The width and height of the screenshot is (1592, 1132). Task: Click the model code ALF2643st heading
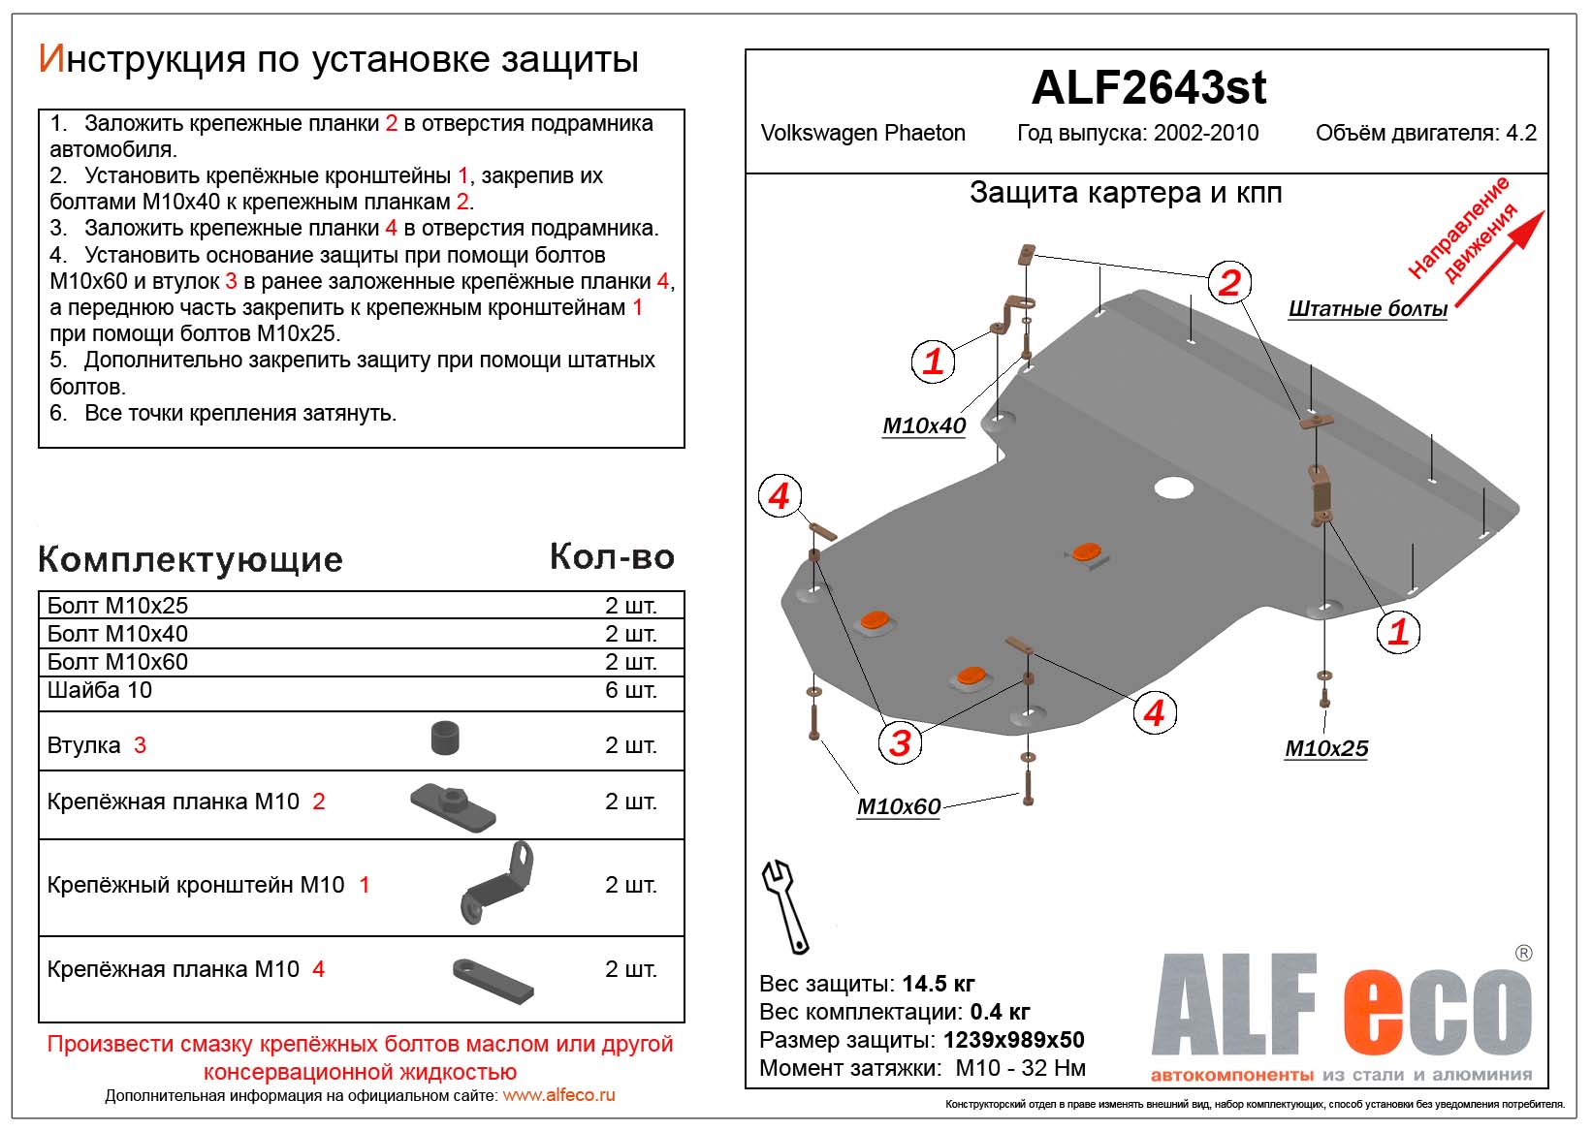coord(1148,88)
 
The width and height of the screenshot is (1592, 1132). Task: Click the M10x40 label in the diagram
coord(923,425)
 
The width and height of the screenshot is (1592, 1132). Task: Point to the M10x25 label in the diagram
coord(1325,748)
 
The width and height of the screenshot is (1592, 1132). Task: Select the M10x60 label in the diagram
coord(898,806)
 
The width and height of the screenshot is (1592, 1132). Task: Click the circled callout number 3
coord(900,742)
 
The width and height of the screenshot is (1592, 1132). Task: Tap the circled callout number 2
coord(1228,282)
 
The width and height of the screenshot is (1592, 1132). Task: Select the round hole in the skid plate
coord(1173,487)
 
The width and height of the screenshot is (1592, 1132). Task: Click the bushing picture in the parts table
coord(445,739)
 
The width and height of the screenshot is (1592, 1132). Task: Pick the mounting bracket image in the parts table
coord(497,883)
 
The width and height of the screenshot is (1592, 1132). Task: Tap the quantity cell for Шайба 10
coord(630,690)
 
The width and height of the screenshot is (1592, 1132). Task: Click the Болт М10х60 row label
coord(117,662)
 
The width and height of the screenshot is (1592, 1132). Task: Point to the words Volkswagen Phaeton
coord(862,134)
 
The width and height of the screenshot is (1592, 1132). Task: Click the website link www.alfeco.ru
coord(558,1095)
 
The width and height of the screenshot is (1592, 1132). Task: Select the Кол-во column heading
coord(611,556)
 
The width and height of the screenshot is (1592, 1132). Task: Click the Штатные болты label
coord(1367,309)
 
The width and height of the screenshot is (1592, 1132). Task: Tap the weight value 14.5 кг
coord(938,984)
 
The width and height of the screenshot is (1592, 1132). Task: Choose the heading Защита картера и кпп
coord(1125,193)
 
